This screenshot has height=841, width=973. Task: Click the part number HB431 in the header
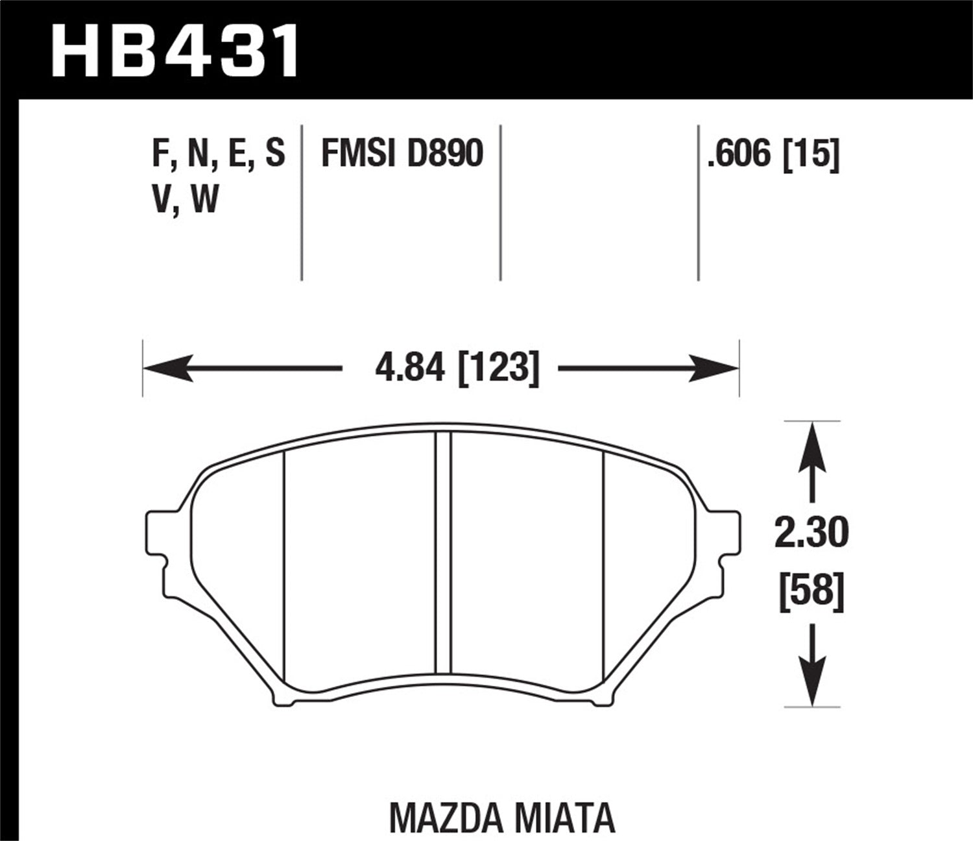click(x=175, y=50)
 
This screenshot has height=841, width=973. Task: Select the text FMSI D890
click(x=402, y=154)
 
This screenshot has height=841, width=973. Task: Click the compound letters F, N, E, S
click(x=218, y=154)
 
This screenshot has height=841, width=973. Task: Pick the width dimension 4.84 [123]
click(x=457, y=369)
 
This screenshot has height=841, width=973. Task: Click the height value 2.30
click(x=811, y=534)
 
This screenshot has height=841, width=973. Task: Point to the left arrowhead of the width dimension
click(x=162, y=369)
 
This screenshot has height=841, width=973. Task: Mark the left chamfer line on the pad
click(x=284, y=565)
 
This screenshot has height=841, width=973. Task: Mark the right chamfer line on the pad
click(x=604, y=565)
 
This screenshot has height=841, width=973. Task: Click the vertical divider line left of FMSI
click(x=302, y=201)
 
